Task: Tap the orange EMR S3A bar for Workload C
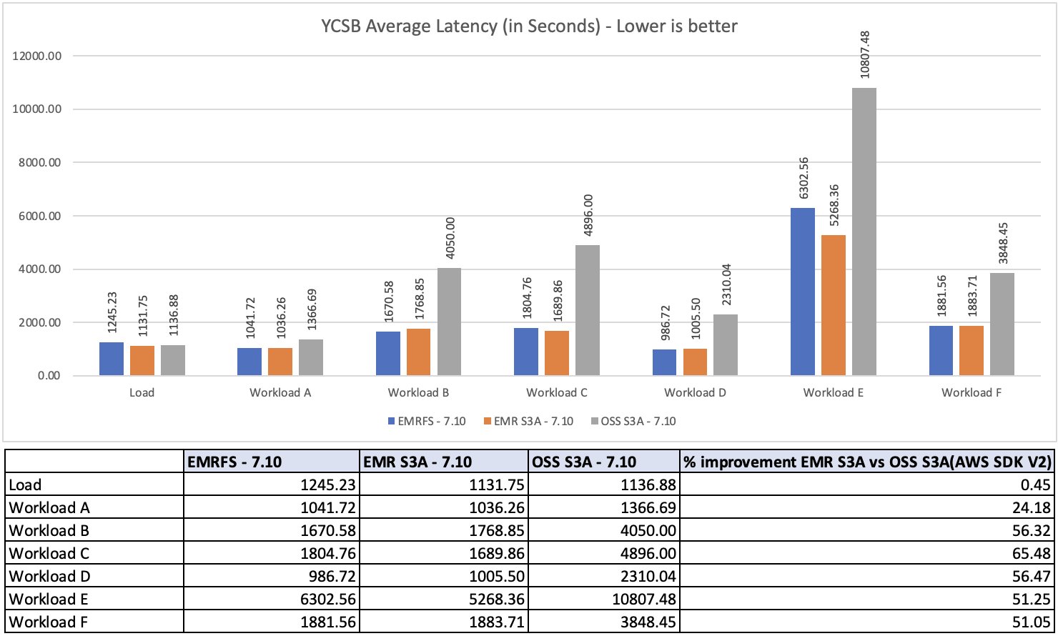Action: pyautogui.click(x=557, y=353)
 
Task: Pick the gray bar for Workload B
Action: pyautogui.click(x=449, y=322)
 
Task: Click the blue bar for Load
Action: pyautogui.click(x=112, y=359)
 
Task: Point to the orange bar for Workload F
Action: pyautogui.click(x=972, y=350)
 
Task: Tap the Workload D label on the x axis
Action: pyautogui.click(x=695, y=392)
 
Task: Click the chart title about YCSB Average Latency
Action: pyautogui.click(x=528, y=27)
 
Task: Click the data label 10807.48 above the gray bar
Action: pyautogui.click(x=865, y=54)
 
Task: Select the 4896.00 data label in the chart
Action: pyautogui.click(x=588, y=218)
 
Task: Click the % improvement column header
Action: pyautogui.click(x=867, y=462)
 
